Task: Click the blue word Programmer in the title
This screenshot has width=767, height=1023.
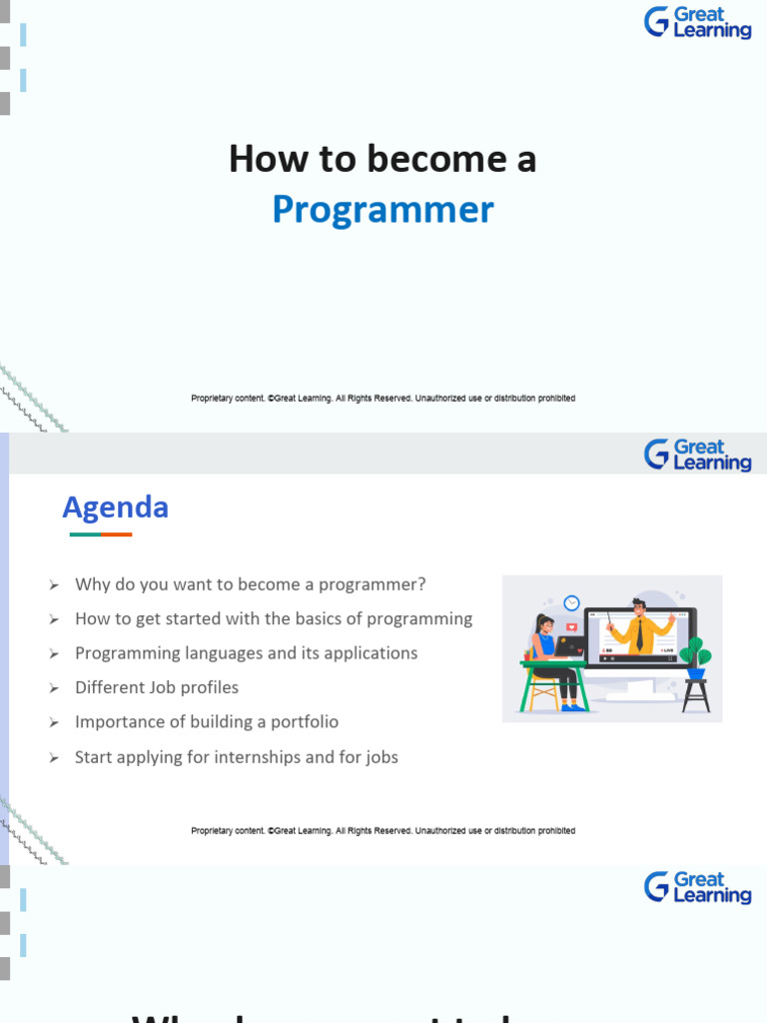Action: (x=383, y=210)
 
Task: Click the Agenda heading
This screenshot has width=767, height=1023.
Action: (x=115, y=508)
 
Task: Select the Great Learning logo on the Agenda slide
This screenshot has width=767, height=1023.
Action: (x=697, y=455)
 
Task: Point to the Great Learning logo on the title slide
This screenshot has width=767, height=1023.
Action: (x=697, y=22)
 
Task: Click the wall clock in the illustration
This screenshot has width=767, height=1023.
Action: (x=571, y=602)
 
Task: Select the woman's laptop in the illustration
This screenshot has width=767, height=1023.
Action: (x=571, y=646)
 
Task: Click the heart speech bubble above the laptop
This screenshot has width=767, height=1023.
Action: (x=571, y=627)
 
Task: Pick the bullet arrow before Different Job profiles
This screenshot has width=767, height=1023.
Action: (x=54, y=688)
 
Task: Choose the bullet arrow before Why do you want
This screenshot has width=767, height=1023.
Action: (x=54, y=584)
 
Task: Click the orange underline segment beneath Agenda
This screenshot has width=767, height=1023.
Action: (x=116, y=534)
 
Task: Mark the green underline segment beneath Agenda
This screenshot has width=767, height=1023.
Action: (x=85, y=534)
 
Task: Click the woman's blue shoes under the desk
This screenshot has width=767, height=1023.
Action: (x=573, y=706)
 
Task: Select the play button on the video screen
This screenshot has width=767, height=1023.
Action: (x=604, y=659)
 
